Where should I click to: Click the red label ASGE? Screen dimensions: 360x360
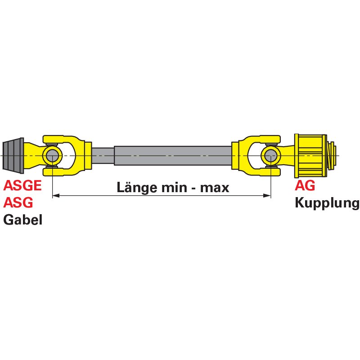point(22,185)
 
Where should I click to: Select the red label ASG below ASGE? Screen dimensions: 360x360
point(18,202)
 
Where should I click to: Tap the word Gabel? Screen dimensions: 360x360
point(23,220)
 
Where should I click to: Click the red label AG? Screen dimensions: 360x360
point(305,185)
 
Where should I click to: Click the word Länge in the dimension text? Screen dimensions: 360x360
point(137,188)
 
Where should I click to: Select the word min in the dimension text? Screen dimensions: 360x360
point(174,188)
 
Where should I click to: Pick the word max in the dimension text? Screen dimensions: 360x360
point(215,188)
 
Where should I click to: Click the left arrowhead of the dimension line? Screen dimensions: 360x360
point(56,196)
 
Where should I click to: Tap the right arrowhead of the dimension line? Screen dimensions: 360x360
point(267,196)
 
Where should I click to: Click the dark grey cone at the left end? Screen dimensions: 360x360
point(13,156)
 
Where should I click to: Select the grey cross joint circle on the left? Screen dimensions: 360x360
point(53,156)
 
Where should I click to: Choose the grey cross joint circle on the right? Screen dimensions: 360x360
point(271,156)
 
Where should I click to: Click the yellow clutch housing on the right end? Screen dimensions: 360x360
point(310,156)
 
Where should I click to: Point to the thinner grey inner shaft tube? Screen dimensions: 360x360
point(103,156)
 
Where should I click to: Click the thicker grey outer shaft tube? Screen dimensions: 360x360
point(173,156)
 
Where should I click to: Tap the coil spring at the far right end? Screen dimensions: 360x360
point(332,156)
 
